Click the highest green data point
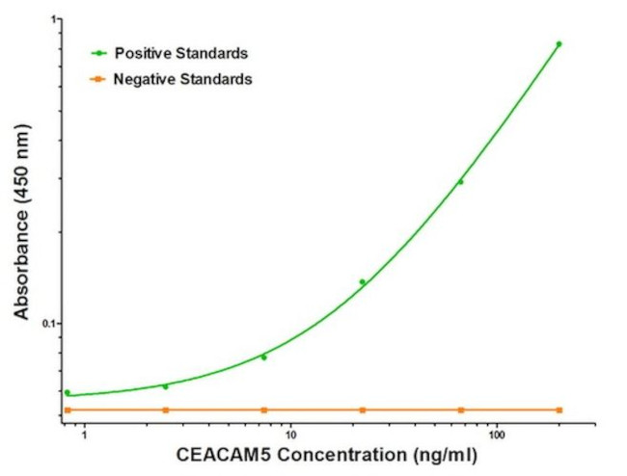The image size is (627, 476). coord(559,43)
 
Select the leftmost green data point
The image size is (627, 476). coord(67,392)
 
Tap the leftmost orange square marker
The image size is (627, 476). coord(67,410)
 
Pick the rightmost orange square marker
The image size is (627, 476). coord(559,410)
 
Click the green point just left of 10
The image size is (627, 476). coord(263,357)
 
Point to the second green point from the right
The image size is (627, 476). coord(460,181)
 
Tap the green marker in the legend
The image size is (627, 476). coord(98,53)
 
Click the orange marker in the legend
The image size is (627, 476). coord(98,79)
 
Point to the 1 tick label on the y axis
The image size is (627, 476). coord(54,19)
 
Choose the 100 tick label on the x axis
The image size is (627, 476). coord(497,436)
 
